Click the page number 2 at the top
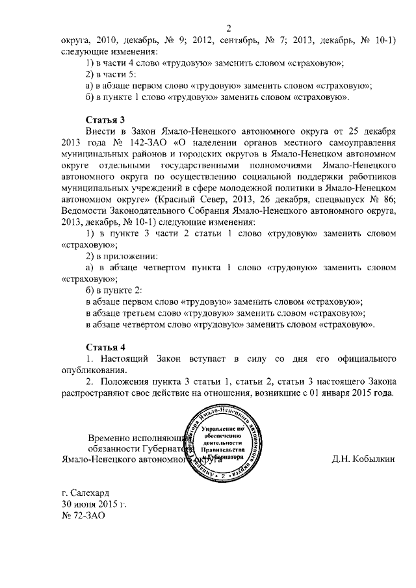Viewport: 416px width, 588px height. (229, 27)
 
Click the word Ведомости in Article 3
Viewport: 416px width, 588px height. (86, 211)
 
